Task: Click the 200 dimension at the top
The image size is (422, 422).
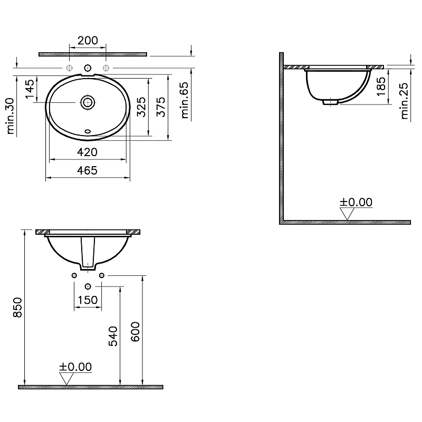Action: coord(88,41)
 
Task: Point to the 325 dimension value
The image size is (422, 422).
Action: coord(141,107)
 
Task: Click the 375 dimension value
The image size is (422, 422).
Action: coord(161,107)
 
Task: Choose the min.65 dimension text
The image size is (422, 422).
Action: coord(184,103)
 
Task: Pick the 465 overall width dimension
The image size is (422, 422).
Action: coord(88,170)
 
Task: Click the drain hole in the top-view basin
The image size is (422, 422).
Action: coord(88,102)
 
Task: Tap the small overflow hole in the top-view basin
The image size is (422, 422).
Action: coord(88,130)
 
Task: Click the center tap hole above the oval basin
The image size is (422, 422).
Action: coord(88,68)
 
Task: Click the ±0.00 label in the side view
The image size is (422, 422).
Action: coord(356,202)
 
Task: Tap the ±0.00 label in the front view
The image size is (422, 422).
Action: coord(75,367)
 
